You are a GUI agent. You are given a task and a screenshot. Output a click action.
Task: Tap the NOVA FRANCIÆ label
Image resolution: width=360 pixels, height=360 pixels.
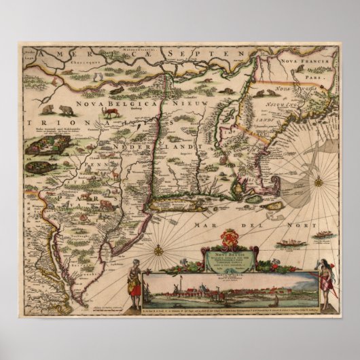click(307, 60)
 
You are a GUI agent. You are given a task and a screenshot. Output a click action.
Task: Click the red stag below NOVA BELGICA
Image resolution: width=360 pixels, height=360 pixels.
click(109, 115)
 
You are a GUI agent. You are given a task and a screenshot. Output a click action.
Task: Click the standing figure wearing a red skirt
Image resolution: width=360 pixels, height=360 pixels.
click(134, 281)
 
